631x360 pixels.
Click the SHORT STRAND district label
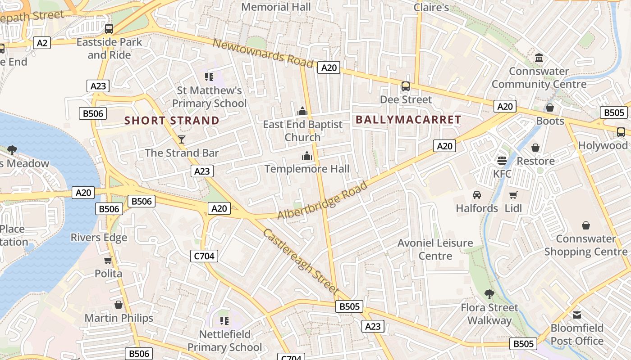pyautogui.click(x=172, y=121)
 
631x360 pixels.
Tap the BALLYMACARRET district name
pyautogui.click(x=408, y=120)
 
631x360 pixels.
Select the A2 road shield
pyautogui.click(x=42, y=43)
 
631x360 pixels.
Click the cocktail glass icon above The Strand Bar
pyautogui.click(x=182, y=139)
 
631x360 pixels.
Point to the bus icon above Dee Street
pyautogui.click(x=406, y=86)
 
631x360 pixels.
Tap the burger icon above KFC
pyautogui.click(x=502, y=160)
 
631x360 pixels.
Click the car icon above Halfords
pyautogui.click(x=476, y=195)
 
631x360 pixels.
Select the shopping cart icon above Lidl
pyautogui.click(x=513, y=195)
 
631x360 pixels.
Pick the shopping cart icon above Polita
pyautogui.click(x=108, y=260)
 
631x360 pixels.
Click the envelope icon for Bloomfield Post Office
pyautogui.click(x=577, y=315)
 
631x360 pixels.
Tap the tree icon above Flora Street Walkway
pyautogui.click(x=489, y=294)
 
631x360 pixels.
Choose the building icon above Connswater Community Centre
pyautogui.click(x=539, y=58)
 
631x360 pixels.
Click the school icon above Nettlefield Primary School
pyautogui.click(x=224, y=321)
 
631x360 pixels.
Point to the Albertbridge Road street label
pyautogui.click(x=322, y=200)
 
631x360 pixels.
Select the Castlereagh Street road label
pyautogui.click(x=301, y=261)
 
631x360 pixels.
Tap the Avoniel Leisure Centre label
pyautogui.click(x=435, y=249)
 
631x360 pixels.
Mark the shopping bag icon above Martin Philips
pyautogui.click(x=119, y=305)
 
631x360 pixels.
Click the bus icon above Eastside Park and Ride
pyautogui.click(x=109, y=29)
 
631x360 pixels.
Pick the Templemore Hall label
pyautogui.click(x=307, y=169)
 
